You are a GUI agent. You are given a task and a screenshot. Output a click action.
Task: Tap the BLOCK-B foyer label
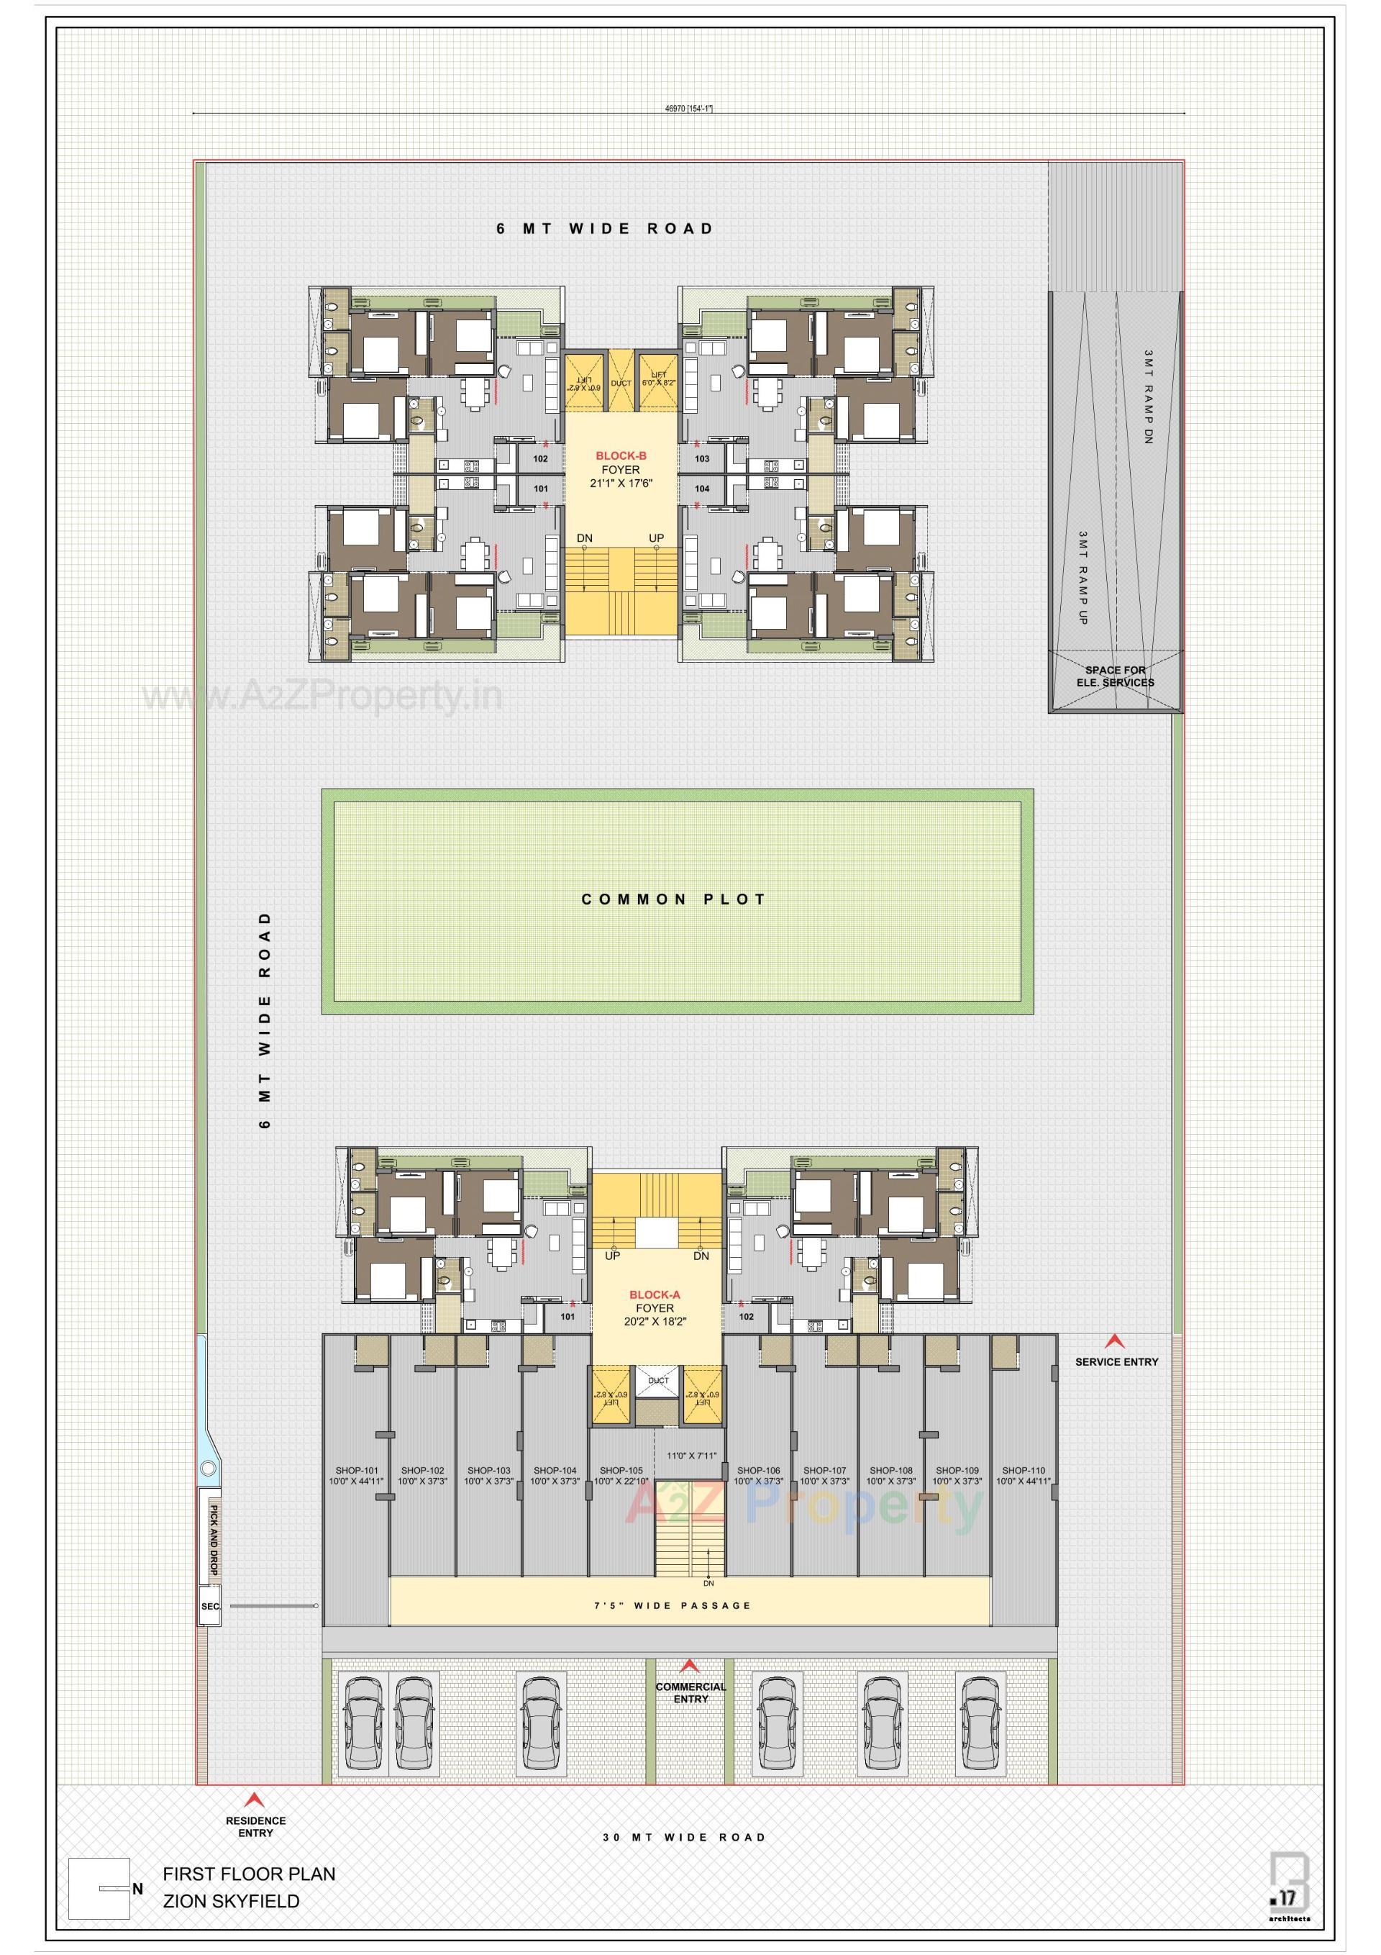point(621,469)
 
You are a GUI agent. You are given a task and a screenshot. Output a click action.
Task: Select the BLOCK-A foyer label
point(654,1308)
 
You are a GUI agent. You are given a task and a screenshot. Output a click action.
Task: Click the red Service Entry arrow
point(1113,1343)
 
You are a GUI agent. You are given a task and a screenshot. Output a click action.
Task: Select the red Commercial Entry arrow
point(690,1666)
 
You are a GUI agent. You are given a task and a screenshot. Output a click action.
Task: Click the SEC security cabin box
point(209,1607)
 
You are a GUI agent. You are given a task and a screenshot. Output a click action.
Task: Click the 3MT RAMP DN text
point(1148,396)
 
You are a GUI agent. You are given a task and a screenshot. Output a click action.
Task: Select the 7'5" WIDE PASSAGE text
point(673,1606)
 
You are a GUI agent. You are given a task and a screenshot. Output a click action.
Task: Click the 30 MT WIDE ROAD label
point(685,1838)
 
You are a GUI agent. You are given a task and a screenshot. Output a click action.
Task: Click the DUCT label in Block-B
point(621,384)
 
